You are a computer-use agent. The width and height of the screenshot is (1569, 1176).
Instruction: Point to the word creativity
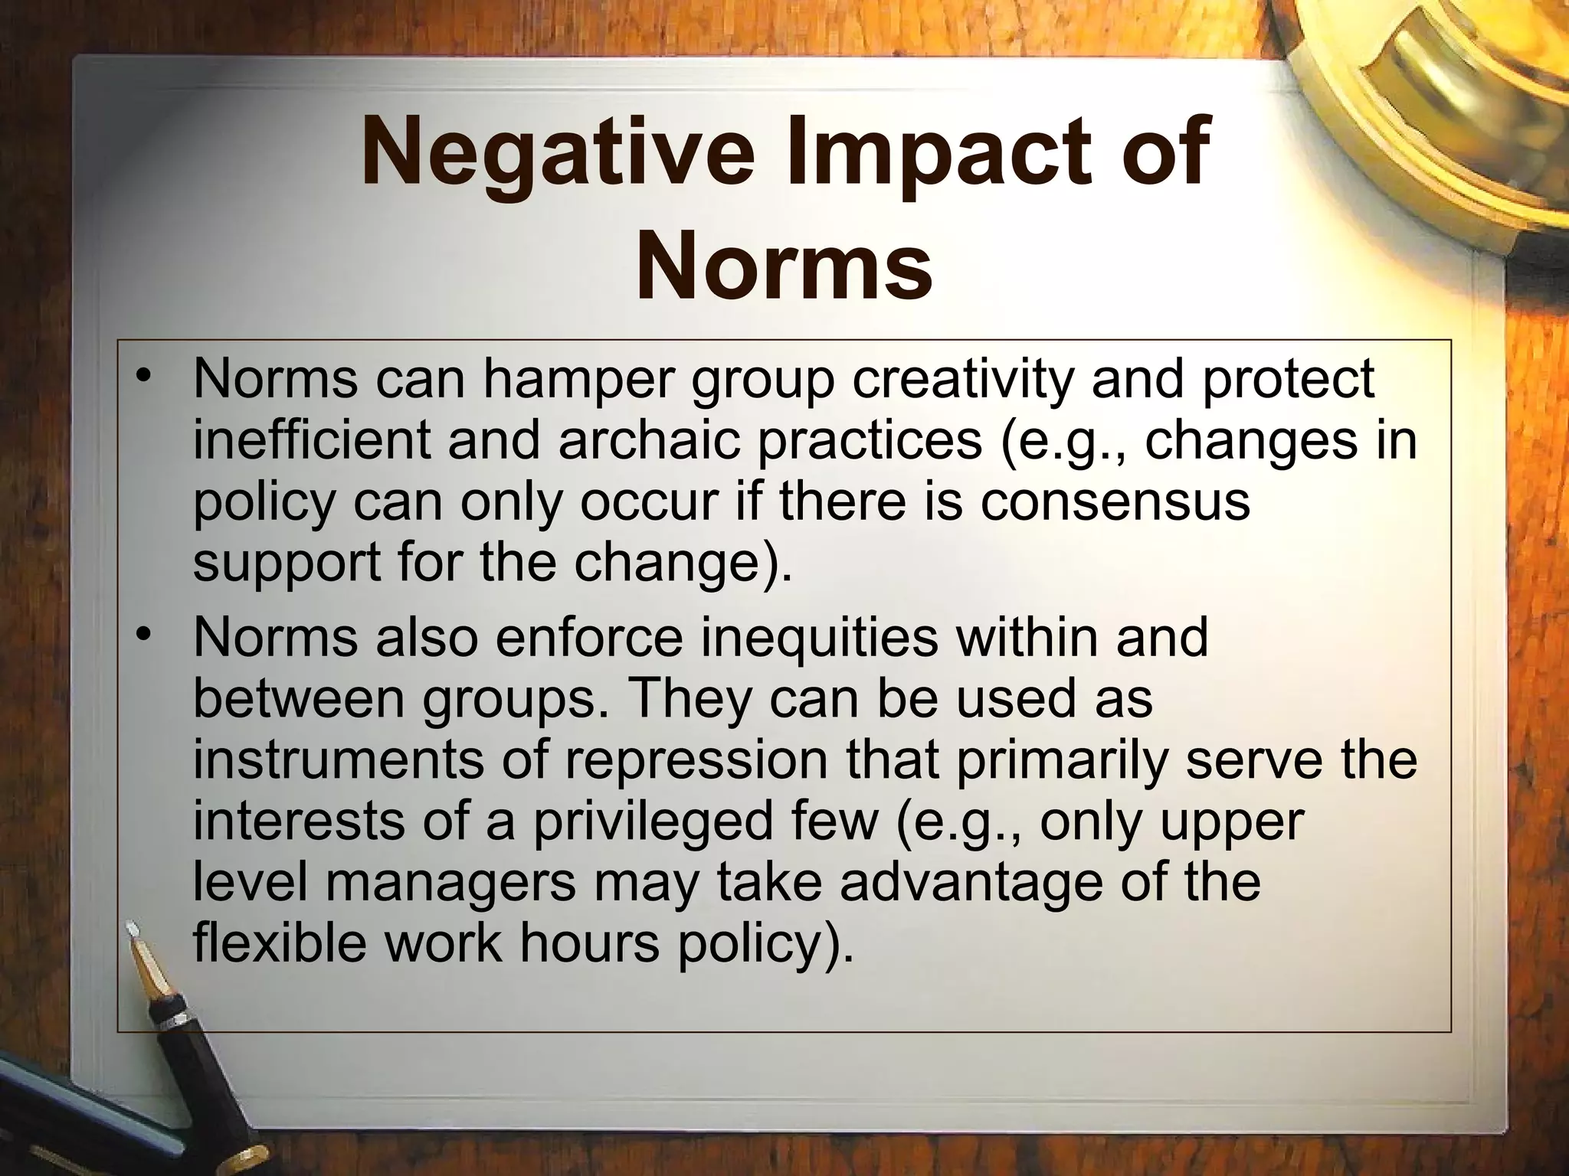click(x=961, y=379)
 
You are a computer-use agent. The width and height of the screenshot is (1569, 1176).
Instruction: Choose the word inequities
click(x=820, y=637)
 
